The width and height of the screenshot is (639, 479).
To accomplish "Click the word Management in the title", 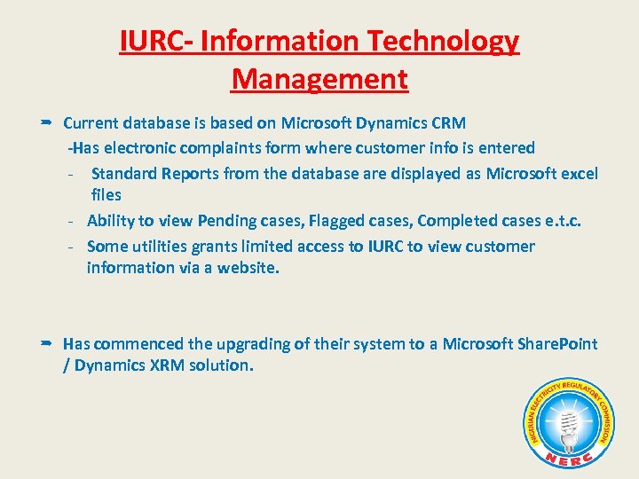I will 319,79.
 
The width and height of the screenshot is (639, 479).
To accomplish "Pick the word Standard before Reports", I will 123,174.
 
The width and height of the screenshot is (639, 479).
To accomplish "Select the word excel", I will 577,174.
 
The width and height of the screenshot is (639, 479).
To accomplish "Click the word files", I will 106,195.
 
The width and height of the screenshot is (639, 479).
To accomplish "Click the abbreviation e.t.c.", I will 561,221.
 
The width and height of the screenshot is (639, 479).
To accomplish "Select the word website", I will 248,268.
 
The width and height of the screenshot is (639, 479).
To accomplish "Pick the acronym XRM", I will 162,365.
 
